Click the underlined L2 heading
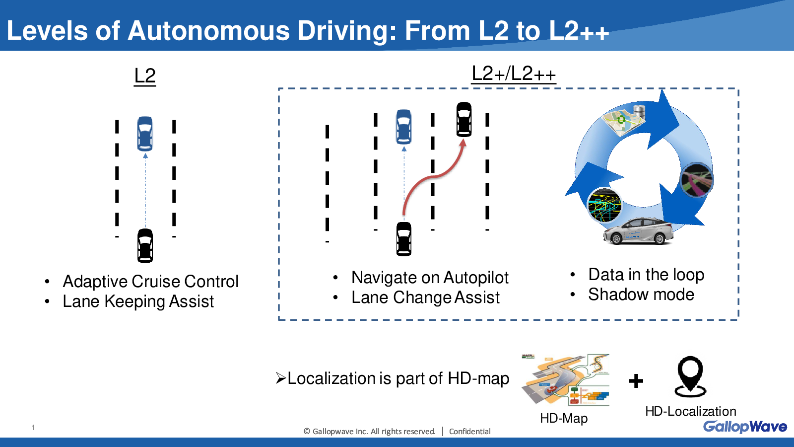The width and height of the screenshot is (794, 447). (145, 76)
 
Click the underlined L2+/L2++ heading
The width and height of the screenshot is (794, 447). (513, 74)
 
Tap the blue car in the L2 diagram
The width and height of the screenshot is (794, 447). (145, 134)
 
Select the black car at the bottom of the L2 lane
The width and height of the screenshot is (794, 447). (145, 246)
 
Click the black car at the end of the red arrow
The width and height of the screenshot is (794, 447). (463, 119)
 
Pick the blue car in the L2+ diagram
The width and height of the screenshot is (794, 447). (404, 127)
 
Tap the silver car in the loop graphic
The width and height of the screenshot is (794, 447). (638, 231)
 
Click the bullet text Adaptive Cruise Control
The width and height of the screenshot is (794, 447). (150, 281)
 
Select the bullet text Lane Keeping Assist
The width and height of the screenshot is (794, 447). (138, 301)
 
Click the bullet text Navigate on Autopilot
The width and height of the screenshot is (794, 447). (430, 278)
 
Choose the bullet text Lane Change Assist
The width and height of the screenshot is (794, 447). (425, 298)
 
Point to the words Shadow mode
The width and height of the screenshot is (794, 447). (641, 295)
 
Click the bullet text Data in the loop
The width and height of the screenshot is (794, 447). (646, 275)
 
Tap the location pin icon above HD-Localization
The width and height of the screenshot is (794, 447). (690, 377)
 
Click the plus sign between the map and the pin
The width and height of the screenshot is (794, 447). (636, 381)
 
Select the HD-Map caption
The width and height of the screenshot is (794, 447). (564, 418)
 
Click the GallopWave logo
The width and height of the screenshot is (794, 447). (745, 427)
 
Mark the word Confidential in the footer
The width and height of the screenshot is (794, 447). (469, 432)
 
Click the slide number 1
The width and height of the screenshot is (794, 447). (33, 428)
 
